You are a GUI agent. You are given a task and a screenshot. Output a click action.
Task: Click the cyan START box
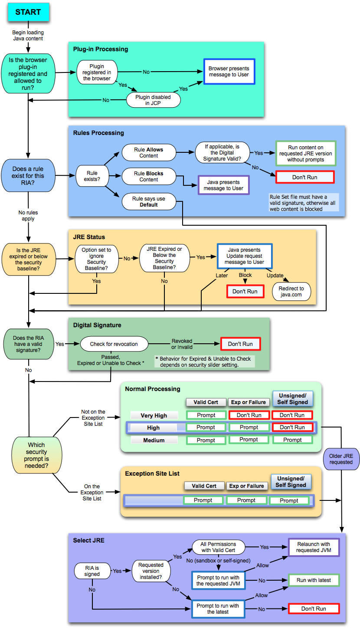tap(28, 12)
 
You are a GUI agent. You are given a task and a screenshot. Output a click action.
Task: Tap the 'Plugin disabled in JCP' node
tap(153, 100)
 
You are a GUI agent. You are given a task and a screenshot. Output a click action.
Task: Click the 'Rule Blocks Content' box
tap(149, 176)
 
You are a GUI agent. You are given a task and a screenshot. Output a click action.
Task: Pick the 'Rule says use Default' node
tap(149, 201)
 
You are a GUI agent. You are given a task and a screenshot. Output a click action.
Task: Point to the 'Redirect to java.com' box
tap(291, 292)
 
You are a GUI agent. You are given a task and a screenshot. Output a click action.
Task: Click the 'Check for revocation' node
tap(114, 344)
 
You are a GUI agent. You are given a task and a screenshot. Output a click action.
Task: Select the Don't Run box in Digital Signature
tap(240, 344)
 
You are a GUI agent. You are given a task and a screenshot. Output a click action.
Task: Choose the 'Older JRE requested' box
tap(341, 459)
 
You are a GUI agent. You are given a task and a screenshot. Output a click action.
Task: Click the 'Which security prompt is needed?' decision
tap(36, 455)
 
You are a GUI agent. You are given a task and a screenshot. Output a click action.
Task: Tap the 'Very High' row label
tap(154, 415)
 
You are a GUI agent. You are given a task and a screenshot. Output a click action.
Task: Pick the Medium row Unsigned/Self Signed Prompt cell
tap(292, 440)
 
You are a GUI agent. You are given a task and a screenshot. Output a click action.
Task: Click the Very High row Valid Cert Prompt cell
tap(206, 415)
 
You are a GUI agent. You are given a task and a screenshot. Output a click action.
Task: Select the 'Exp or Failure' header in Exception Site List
tap(246, 486)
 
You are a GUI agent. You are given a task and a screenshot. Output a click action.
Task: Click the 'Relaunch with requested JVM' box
tap(314, 547)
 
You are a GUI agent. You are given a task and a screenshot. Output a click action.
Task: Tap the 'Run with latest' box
tap(314, 580)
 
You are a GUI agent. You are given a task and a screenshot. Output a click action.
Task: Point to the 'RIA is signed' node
tap(92, 571)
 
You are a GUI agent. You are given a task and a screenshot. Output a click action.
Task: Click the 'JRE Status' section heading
tap(89, 237)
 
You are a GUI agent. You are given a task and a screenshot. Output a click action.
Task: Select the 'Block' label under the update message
tap(245, 275)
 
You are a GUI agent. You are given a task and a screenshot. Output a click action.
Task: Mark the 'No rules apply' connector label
tap(28, 216)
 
